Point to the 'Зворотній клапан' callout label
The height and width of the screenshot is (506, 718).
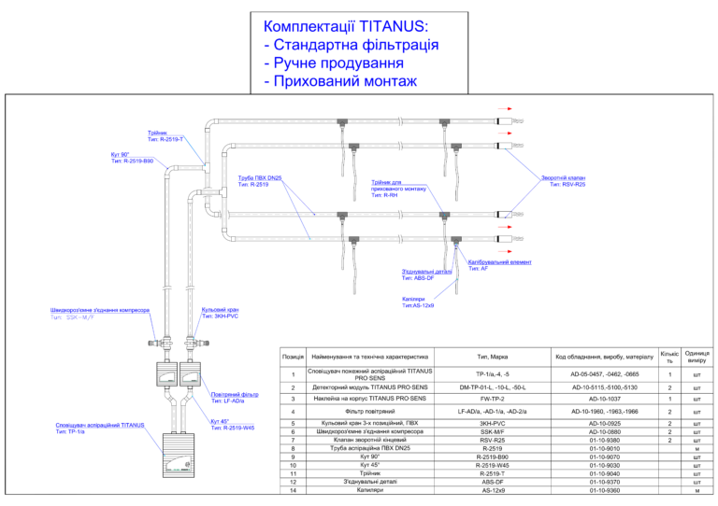(x=562, y=178)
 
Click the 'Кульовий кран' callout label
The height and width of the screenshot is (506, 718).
(x=220, y=310)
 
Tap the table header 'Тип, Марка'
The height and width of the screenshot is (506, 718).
(x=493, y=356)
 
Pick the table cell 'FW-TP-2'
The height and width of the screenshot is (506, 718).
(x=493, y=399)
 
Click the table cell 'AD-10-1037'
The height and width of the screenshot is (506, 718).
(x=599, y=399)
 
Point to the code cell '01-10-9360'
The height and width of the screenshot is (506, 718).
(x=599, y=489)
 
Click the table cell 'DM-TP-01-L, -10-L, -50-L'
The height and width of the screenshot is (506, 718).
(x=493, y=387)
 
